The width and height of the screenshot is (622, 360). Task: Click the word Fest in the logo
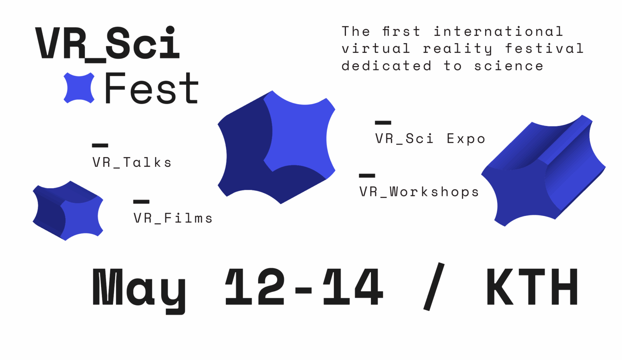pos(152,88)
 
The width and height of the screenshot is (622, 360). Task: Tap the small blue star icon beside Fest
pos(79,88)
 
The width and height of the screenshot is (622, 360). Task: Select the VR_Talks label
pos(132,163)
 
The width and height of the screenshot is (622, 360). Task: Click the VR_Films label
pos(173,218)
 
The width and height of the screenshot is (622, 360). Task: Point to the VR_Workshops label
pos(419,192)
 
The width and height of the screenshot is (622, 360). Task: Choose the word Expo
pos(466,139)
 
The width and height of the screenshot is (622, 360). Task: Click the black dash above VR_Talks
pos(100,145)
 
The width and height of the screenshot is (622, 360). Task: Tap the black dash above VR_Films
pos(142,202)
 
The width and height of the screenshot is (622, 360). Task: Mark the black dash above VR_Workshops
pos(367,175)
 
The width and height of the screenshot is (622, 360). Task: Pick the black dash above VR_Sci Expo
pos(383,122)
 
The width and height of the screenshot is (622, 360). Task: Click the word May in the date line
pos(139,290)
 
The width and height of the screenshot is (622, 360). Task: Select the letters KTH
pos(532,287)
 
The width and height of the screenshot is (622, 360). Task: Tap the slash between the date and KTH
pos(434,287)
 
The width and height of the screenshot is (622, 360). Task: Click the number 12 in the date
pos(255,287)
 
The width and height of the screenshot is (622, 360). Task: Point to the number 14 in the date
pos(353,287)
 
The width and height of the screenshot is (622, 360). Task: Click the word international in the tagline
pos(499,31)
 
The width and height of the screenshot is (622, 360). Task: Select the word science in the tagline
pos(508,66)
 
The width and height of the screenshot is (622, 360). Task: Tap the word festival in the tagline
pos(544,49)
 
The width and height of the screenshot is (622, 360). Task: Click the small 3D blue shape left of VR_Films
pos(68,211)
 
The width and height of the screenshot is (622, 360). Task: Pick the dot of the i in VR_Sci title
pos(170,30)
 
